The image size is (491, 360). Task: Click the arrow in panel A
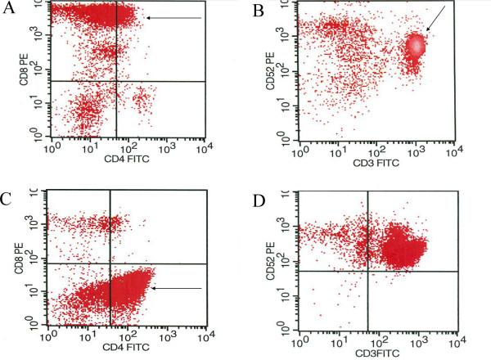(172, 18)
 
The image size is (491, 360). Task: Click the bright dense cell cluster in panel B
(416, 46)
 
